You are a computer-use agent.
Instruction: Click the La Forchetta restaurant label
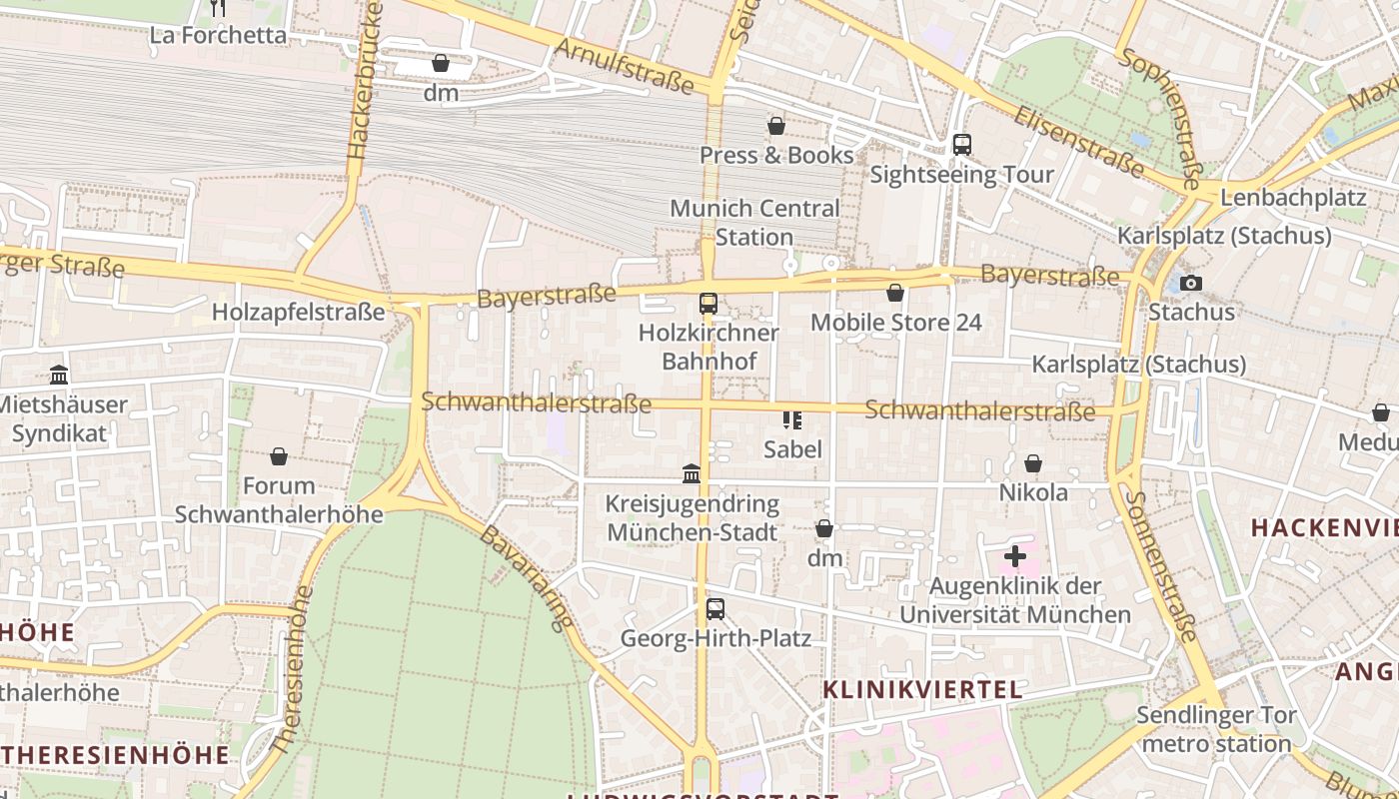[218, 35]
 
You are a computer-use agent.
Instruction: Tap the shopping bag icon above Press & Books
[775, 126]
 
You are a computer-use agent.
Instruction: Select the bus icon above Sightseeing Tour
[961, 145]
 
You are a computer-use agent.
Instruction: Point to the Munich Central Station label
[754, 223]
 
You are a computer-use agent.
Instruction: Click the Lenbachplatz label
[1292, 197]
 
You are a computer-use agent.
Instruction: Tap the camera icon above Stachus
[1190, 283]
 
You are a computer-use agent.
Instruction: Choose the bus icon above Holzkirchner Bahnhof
[708, 304]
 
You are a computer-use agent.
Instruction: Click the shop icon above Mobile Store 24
[895, 293]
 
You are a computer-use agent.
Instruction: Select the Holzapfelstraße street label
[298, 313]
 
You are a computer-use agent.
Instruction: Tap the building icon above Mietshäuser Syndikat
[59, 376]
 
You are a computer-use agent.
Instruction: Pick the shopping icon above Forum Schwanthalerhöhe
[279, 456]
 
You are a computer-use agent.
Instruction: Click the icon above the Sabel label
[792, 419]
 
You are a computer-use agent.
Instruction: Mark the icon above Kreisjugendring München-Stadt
[692, 473]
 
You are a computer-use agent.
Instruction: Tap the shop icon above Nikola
[1033, 463]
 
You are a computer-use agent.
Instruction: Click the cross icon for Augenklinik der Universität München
[1015, 556]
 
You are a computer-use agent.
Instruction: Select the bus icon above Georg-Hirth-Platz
[715, 608]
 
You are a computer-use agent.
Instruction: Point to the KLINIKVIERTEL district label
[922, 689]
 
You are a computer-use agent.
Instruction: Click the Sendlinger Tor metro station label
[1216, 729]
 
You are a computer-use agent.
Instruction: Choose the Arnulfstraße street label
[624, 65]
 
